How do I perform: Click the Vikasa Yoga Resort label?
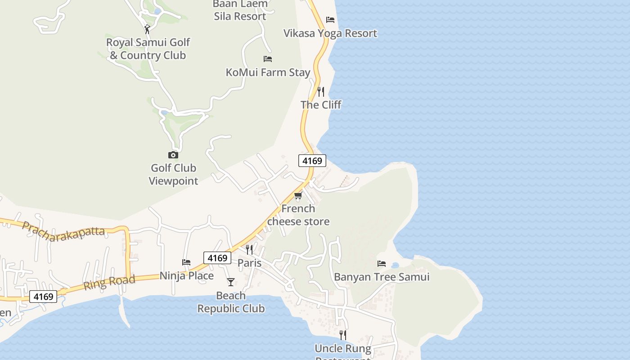[x=330, y=33]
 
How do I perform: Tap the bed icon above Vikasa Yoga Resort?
[x=330, y=20]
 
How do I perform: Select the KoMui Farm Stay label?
[x=268, y=72]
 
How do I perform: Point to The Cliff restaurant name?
[x=321, y=105]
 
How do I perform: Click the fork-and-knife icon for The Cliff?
[x=321, y=91]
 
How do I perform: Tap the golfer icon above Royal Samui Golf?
[x=147, y=29]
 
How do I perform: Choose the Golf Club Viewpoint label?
[x=173, y=174]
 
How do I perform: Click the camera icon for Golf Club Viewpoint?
[x=173, y=155]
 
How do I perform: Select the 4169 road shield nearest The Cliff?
[x=312, y=161]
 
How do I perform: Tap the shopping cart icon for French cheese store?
[x=298, y=195]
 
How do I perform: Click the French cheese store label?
[x=298, y=215]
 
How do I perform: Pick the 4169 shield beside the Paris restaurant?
[x=217, y=258]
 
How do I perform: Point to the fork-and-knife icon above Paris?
[x=249, y=249]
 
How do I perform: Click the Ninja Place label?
[x=187, y=275]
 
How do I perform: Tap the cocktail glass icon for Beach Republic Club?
[x=231, y=282]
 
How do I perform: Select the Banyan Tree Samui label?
[x=382, y=277]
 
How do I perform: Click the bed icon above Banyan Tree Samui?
[x=382, y=263]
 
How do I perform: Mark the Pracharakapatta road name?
[x=63, y=231]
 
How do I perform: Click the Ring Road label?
[x=109, y=282]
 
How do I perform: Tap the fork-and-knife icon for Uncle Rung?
[x=343, y=335]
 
